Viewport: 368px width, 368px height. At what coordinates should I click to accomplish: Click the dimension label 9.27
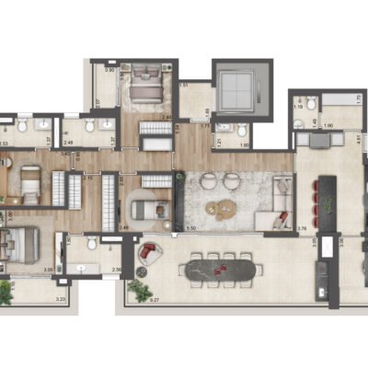(x=164, y=299)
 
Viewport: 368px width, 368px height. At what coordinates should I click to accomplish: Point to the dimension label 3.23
(x=61, y=300)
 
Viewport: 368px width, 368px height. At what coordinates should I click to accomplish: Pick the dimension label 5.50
(x=191, y=226)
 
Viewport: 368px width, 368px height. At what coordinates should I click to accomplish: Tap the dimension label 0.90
(x=110, y=70)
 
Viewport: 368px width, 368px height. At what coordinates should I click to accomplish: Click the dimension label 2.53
(x=5, y=143)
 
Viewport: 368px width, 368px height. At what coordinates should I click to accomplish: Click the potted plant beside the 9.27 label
(x=140, y=291)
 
